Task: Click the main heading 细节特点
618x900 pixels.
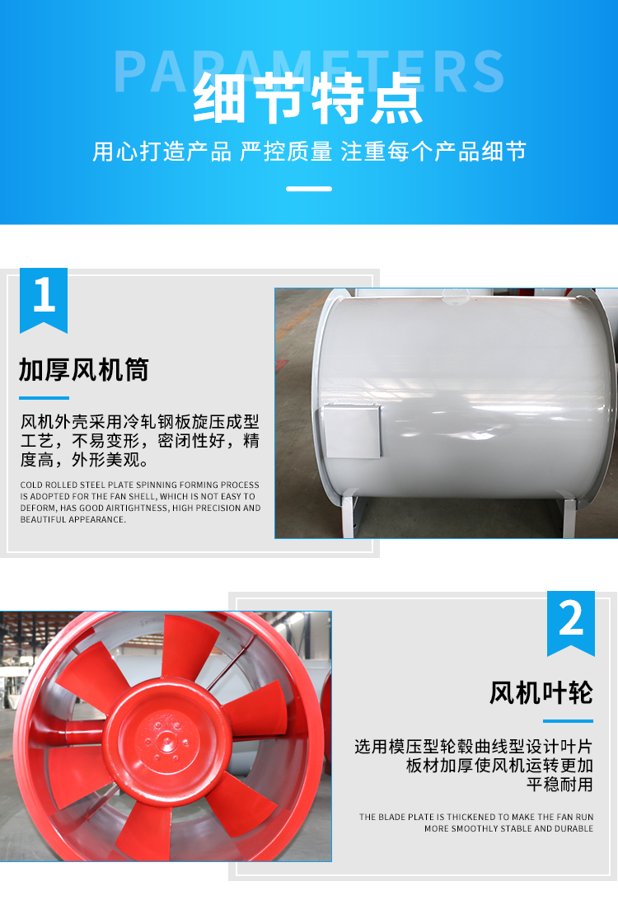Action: (308, 98)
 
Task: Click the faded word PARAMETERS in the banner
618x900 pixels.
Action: (309, 72)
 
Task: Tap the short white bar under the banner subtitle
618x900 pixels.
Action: (309, 189)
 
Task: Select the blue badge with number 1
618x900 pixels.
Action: (44, 300)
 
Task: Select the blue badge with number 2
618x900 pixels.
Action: (571, 623)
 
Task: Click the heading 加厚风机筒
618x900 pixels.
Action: (84, 369)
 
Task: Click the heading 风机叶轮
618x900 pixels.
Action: (541, 693)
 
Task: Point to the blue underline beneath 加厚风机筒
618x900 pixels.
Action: (44, 398)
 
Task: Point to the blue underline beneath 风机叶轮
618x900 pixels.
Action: (568, 721)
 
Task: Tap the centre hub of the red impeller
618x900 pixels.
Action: (166, 740)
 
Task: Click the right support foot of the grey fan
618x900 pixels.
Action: (567, 517)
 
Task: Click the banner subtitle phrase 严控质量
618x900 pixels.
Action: (286, 152)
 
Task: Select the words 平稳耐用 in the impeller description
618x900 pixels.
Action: (559, 784)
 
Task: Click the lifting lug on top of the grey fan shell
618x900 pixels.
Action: (456, 295)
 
